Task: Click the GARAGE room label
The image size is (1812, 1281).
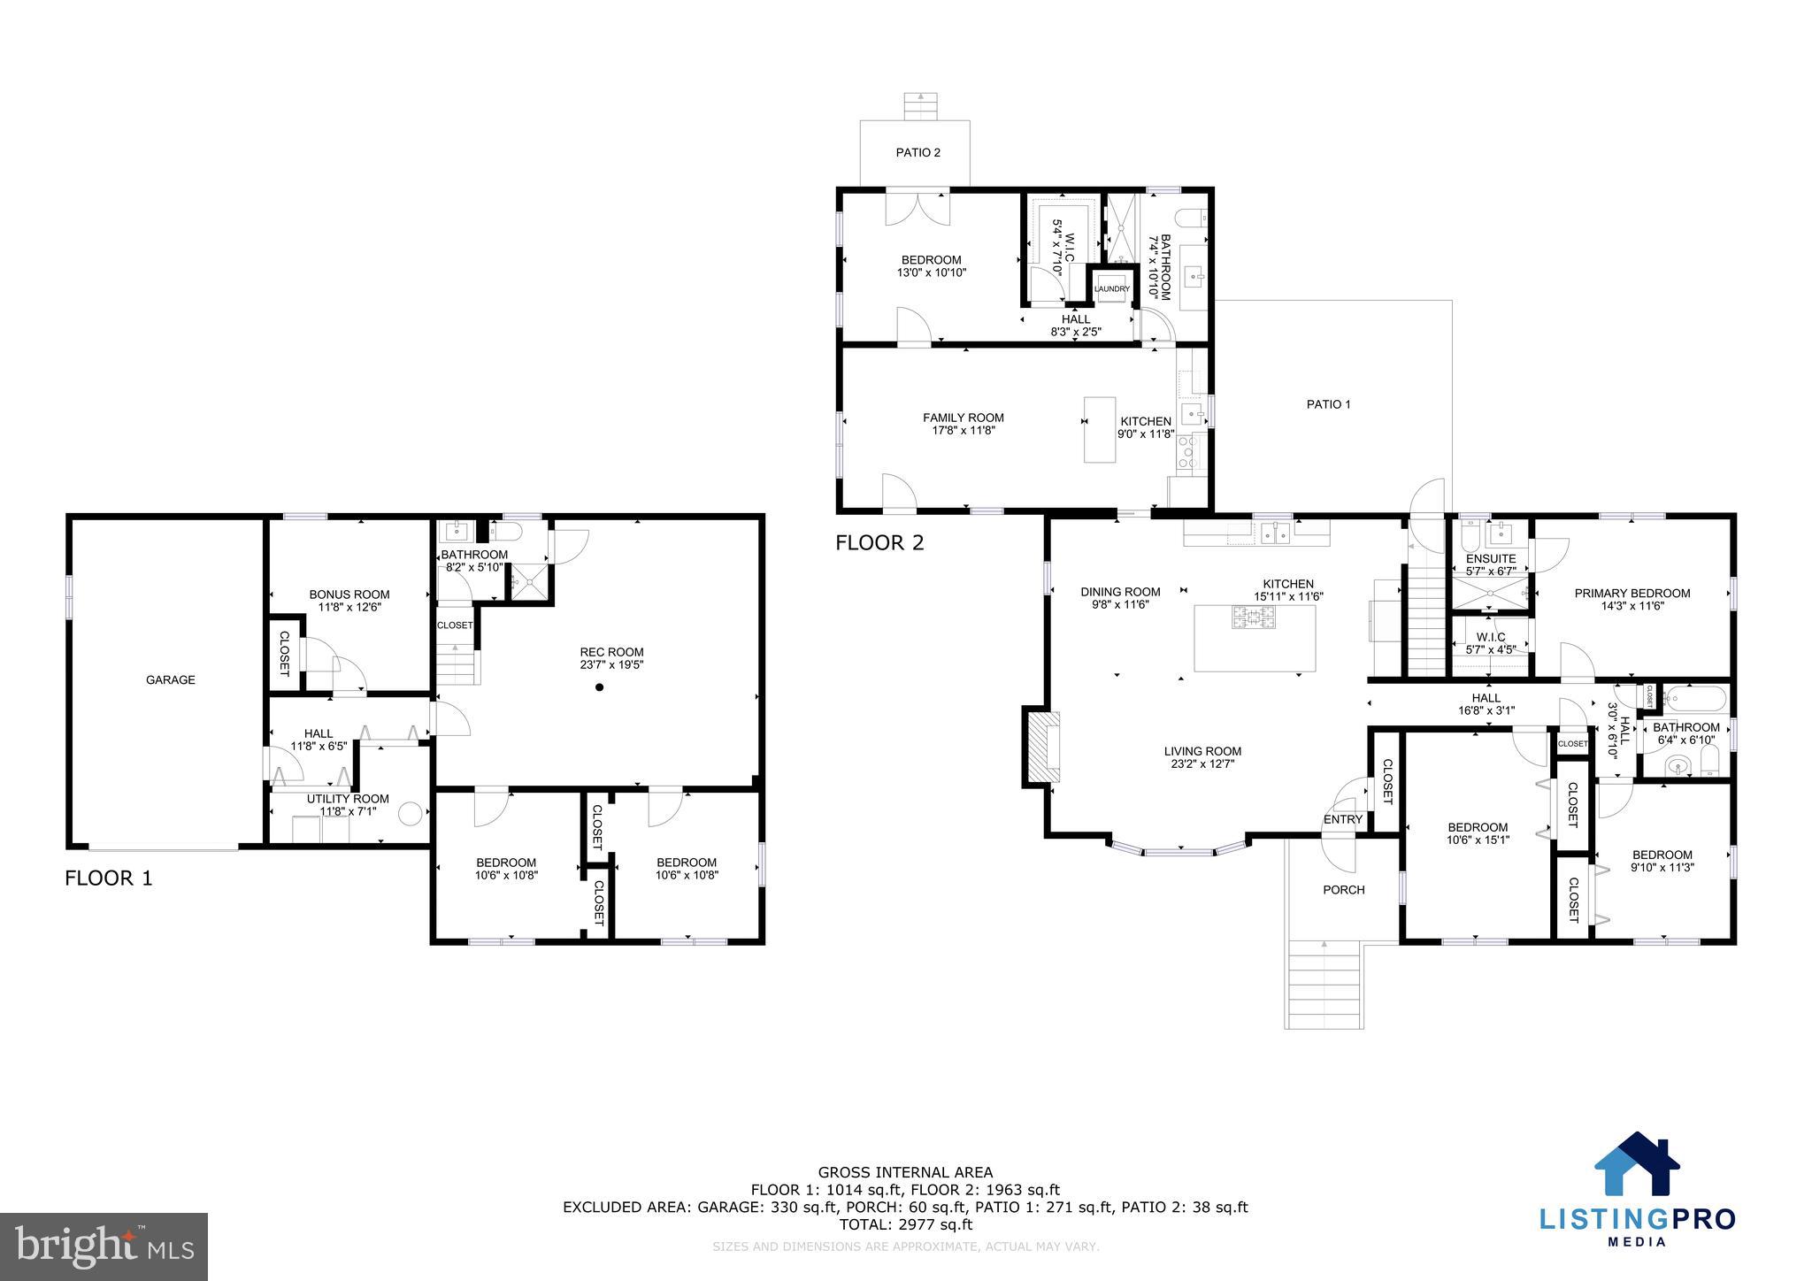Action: coord(171,679)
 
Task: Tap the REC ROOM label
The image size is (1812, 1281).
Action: coord(611,652)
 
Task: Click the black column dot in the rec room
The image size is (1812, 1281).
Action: coord(599,687)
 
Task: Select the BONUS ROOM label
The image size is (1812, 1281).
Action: coord(349,594)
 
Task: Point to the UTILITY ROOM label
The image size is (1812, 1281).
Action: coord(348,799)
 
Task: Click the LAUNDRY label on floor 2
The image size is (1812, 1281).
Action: coord(1111,289)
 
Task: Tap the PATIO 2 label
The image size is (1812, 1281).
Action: coord(918,152)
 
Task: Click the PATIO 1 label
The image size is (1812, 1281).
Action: coord(1328,404)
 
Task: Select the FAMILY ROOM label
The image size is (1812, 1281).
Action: coord(963,418)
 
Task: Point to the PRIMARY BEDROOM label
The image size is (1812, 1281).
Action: coord(1632,594)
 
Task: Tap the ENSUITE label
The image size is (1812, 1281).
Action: coord(1491,558)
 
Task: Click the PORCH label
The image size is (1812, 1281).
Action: coord(1343,890)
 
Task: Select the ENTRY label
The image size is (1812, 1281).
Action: coord(1342,819)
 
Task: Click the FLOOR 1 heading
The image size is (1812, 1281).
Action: coord(109,878)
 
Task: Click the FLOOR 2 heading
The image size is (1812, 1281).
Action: coord(879,542)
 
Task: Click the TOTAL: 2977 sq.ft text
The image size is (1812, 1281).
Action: coord(905,1224)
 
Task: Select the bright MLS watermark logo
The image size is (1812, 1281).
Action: coord(104,1247)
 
